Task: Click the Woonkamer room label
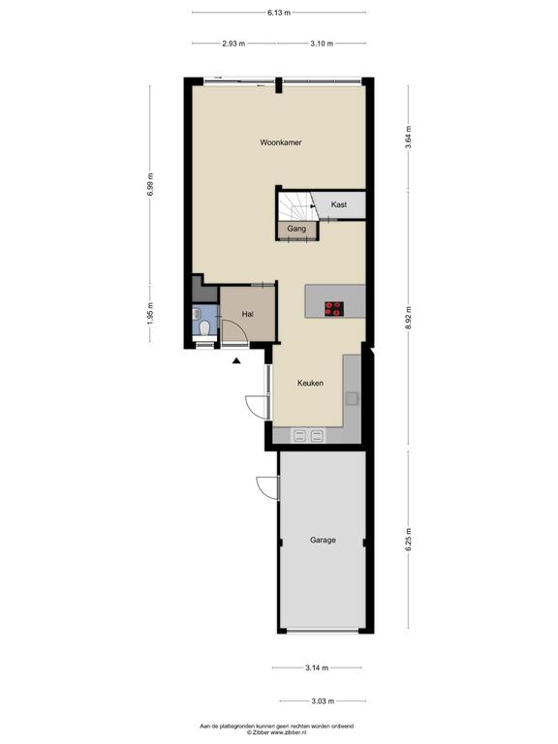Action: [x=280, y=142]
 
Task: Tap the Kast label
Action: [x=339, y=204]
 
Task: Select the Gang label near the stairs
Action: [x=296, y=229]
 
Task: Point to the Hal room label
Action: [x=247, y=314]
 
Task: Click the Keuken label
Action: [x=310, y=383]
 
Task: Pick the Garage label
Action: [x=323, y=540]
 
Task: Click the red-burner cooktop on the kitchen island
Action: [x=334, y=309]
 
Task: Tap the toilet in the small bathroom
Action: [x=205, y=327]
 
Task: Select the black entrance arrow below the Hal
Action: [x=236, y=361]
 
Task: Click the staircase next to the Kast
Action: [x=295, y=207]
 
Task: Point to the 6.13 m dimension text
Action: [x=279, y=13]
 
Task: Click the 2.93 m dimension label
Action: [x=233, y=44]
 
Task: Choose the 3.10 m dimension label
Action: [x=322, y=44]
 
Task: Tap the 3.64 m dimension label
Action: [x=408, y=138]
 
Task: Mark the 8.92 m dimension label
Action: [x=408, y=319]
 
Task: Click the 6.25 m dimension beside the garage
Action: [x=408, y=540]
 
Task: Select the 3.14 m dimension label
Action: [x=317, y=668]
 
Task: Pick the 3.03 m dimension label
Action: [x=323, y=701]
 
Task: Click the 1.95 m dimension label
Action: [x=150, y=314]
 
